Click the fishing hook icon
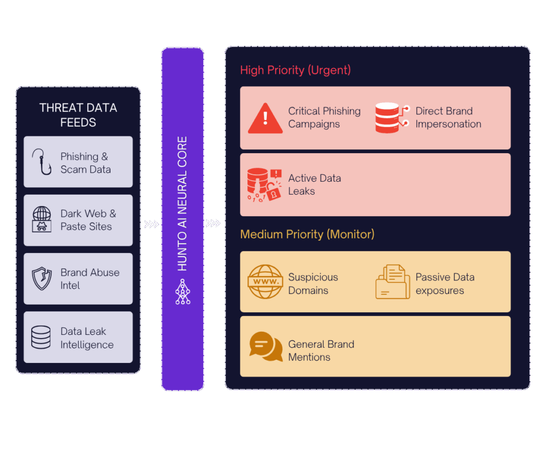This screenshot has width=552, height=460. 41,162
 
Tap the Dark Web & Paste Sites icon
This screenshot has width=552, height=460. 42,219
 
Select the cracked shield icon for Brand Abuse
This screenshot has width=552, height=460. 42,278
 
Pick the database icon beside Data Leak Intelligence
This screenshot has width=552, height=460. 41,337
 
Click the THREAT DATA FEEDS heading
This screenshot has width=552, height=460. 78,115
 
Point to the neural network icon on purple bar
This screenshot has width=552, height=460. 183,292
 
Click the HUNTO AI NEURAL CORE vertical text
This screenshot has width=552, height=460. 183,203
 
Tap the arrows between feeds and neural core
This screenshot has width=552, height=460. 151,224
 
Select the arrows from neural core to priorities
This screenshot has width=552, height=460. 213,223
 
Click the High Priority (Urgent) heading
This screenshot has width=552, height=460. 295,70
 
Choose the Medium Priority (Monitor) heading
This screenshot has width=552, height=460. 307,234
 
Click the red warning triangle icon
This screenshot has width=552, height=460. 265,118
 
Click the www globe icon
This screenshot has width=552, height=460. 265,282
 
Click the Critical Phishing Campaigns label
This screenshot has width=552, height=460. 324,118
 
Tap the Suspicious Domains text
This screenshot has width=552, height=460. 313,284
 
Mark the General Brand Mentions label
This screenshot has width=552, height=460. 321,351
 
